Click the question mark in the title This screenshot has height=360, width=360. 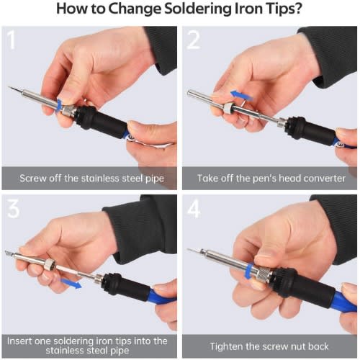coord(298,9)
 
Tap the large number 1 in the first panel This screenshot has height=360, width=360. coord(11,40)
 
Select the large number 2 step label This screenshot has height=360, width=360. coord(193,40)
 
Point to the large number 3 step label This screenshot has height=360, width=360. coord(13,209)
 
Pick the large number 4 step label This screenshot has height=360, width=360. coord(194,209)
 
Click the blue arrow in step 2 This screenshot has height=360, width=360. coord(241,96)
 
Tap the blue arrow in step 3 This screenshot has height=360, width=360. coord(71,284)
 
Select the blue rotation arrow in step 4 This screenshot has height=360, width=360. coord(248,271)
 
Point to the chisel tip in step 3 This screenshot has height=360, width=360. coord(9,253)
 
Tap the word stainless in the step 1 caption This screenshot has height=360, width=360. coord(100,179)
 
